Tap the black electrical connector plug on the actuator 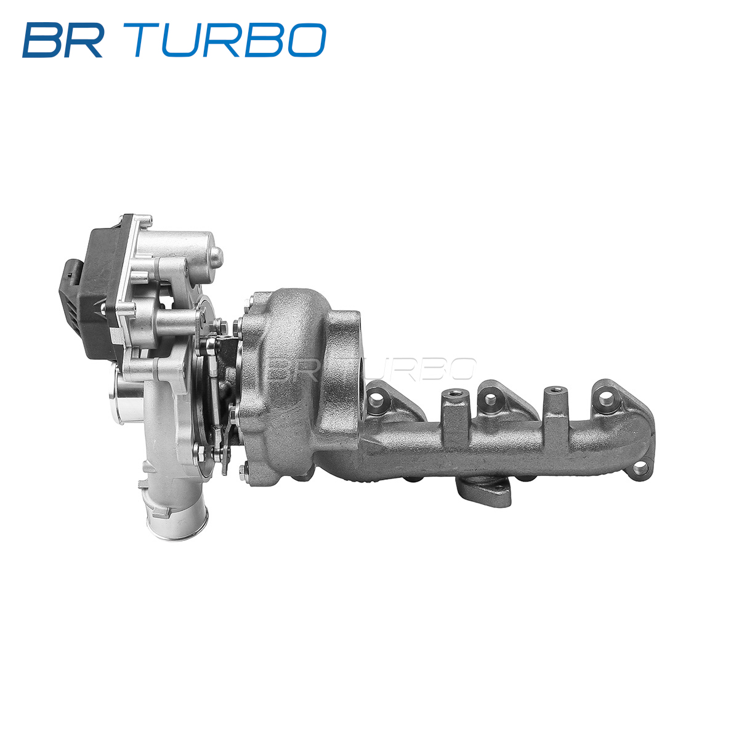[x=70, y=275]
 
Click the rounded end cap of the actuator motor [x=215, y=256]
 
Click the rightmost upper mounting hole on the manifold [x=604, y=397]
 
